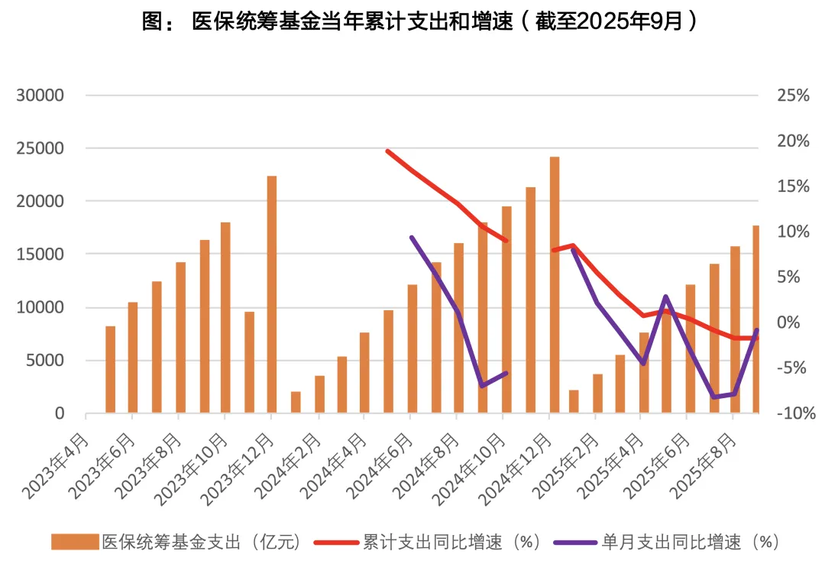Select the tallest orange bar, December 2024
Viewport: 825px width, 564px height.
[555, 284]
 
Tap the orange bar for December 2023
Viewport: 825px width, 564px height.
[271, 294]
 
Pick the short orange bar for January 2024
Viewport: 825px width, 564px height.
[296, 402]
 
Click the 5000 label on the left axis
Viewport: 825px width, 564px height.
[47, 361]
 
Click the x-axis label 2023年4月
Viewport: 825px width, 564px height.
[57, 465]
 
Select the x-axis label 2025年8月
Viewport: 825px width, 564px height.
[702, 465]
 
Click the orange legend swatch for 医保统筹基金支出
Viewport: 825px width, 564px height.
[75, 543]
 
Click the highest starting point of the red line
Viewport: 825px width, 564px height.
[388, 151]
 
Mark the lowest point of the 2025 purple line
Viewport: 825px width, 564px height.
[713, 397]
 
